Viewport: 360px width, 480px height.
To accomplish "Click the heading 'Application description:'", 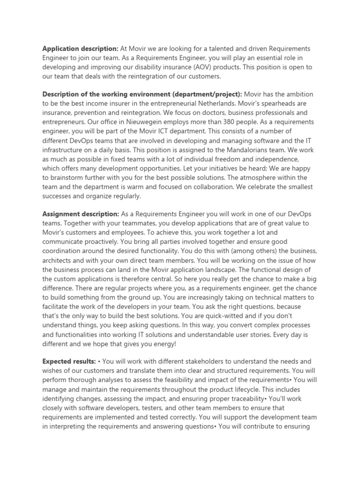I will click(x=80, y=49).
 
